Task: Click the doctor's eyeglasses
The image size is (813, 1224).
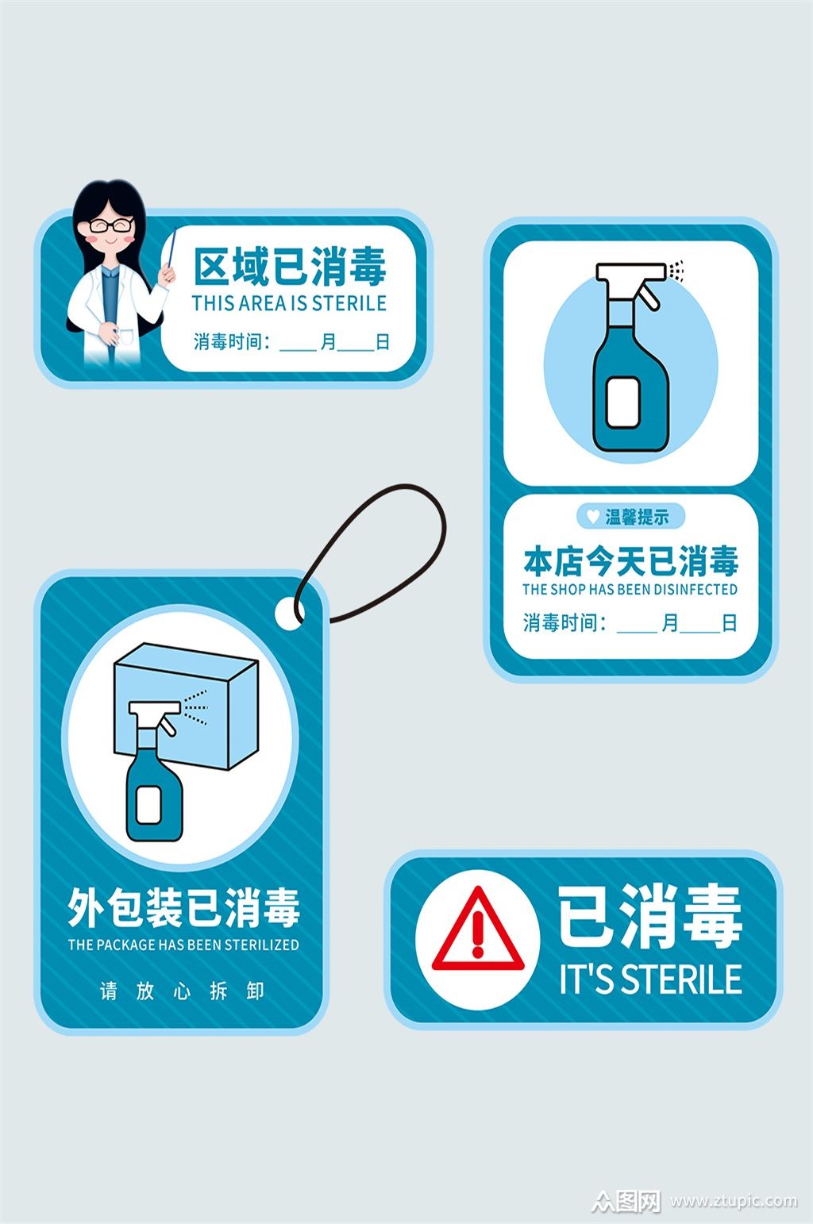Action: [x=110, y=225]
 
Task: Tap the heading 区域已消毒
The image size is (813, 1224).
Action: [x=290, y=267]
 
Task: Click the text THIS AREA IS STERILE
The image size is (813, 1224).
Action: [x=289, y=303]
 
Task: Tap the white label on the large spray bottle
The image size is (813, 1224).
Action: [x=623, y=401]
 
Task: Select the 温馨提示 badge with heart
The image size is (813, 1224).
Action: [x=630, y=517]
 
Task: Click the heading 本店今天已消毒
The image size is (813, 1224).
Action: [x=630, y=561]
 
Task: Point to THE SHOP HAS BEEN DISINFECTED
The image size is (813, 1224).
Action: [x=630, y=590]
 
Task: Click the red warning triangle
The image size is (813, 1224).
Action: [x=477, y=933]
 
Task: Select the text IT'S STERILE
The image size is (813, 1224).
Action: [x=650, y=979]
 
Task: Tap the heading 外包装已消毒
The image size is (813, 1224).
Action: [x=183, y=908]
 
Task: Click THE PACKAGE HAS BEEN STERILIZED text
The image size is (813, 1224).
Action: [x=183, y=945]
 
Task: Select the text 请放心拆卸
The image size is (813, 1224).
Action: [x=183, y=991]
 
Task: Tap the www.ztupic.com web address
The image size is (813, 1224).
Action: [x=733, y=1201]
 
